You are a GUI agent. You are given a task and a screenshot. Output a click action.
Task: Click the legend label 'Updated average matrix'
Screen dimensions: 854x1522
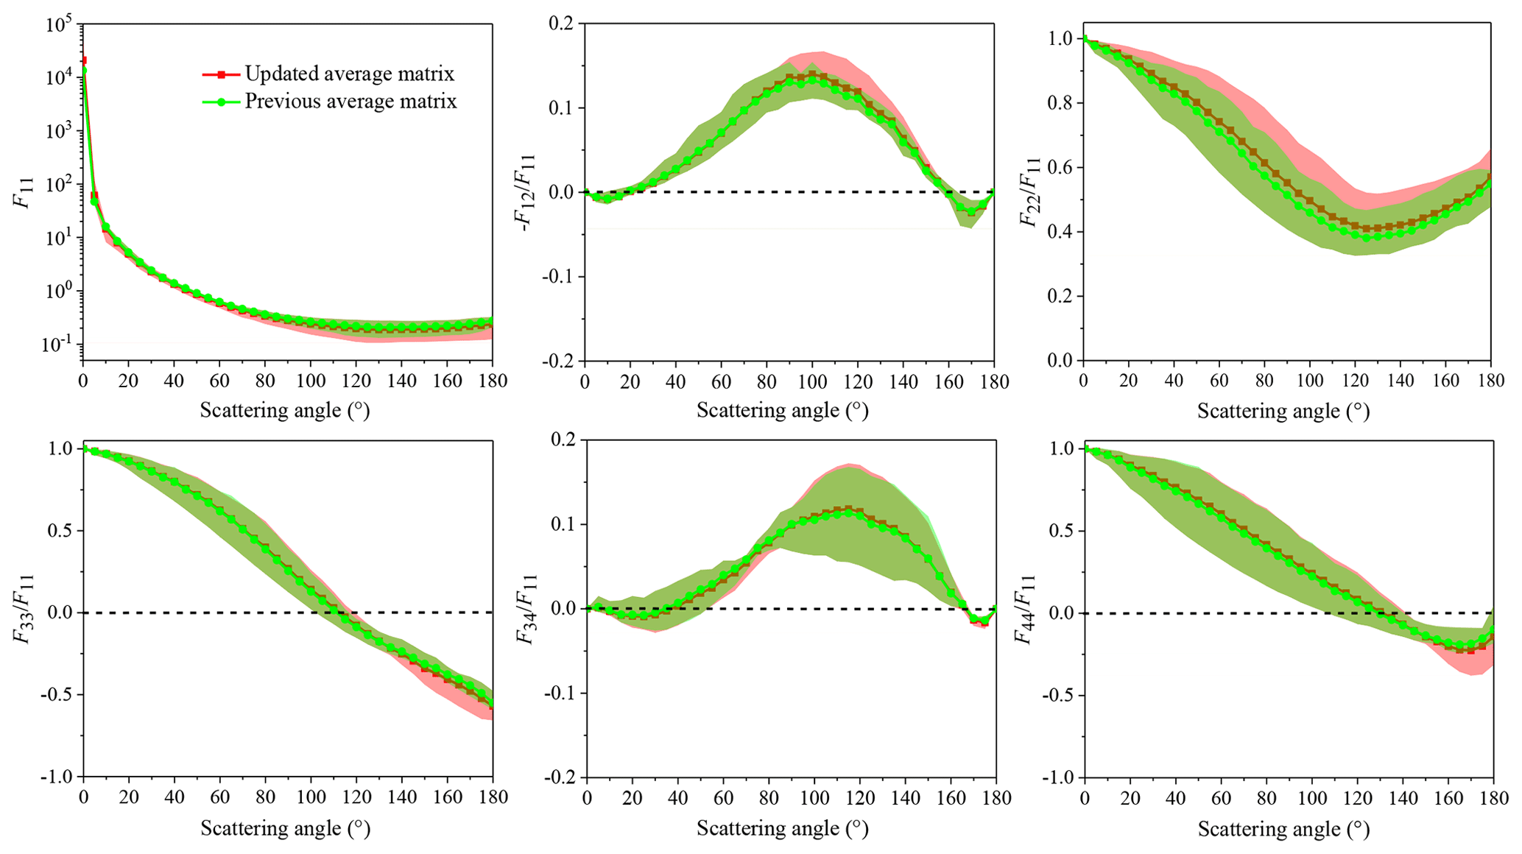(349, 74)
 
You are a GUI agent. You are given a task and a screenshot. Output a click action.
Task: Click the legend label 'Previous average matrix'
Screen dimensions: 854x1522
(350, 101)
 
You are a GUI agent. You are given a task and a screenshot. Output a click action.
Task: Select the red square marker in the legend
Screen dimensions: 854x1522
(221, 74)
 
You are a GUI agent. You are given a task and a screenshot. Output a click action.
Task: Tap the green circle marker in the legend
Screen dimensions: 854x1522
(221, 102)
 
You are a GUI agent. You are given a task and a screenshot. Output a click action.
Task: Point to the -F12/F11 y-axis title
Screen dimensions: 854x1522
(527, 193)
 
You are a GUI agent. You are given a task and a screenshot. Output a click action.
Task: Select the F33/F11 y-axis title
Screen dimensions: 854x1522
(25, 611)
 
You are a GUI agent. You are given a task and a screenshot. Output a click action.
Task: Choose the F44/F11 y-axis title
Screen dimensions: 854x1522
(1026, 611)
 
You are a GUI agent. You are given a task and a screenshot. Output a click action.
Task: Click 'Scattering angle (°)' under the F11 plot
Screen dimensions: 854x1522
(285, 410)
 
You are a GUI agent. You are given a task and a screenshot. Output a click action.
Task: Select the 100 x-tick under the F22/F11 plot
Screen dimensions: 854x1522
(1310, 381)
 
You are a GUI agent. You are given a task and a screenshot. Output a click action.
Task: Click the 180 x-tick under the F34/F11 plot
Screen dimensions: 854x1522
(996, 798)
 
